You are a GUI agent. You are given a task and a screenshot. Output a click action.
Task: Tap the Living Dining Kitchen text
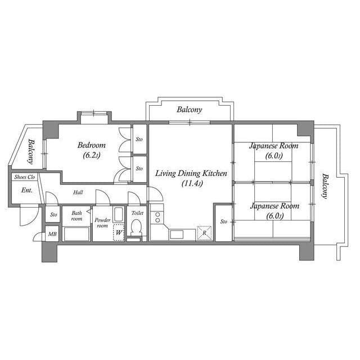(191, 174)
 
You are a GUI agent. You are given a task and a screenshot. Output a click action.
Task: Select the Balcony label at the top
(189, 110)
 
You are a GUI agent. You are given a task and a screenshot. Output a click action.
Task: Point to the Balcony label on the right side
(325, 186)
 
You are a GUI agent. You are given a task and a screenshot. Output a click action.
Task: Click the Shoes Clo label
(25, 177)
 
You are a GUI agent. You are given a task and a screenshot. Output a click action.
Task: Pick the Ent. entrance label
(27, 190)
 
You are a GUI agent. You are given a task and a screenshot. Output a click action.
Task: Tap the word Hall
(78, 192)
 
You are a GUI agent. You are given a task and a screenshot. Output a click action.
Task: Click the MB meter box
(52, 234)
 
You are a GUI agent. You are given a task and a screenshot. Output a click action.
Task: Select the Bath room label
(76, 215)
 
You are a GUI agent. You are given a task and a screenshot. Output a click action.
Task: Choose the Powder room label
(102, 222)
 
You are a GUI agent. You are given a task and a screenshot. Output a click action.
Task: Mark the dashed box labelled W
(119, 232)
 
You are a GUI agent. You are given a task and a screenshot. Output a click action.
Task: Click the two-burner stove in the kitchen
(156, 217)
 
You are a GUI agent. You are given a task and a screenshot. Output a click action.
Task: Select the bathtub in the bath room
(76, 233)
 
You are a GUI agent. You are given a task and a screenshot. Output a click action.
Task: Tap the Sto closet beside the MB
(53, 214)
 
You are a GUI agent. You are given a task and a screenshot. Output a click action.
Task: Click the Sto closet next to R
(223, 221)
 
